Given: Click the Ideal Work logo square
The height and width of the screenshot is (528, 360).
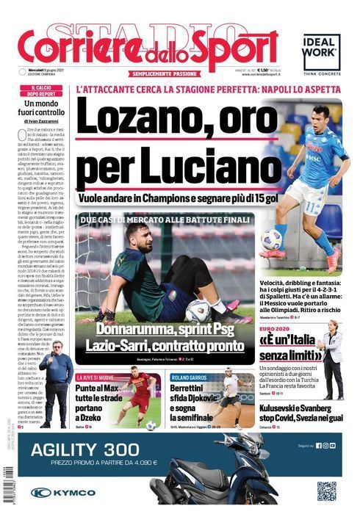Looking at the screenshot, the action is pos(322,52).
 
